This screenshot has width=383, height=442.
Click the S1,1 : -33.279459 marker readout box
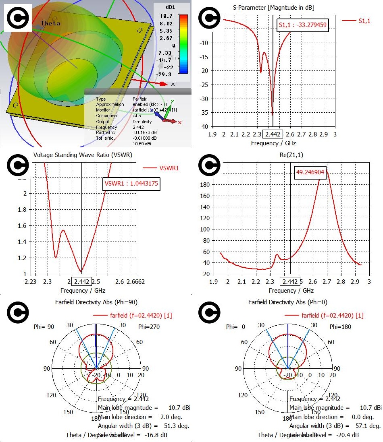tap(303, 25)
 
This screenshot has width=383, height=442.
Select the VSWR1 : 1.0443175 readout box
tap(131, 184)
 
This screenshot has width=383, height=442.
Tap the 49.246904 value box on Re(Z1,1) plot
tap(310, 172)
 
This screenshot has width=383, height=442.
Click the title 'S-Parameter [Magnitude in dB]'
tap(273, 8)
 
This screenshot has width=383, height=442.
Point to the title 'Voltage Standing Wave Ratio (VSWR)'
tap(83, 155)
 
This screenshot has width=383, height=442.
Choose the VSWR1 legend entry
tap(167, 168)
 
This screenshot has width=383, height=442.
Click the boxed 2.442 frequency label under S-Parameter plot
tap(272, 134)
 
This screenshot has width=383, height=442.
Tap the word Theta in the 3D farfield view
tap(50, 23)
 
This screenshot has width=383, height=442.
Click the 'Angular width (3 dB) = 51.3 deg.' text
tap(144, 425)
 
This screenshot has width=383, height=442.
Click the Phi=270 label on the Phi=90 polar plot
tap(149, 326)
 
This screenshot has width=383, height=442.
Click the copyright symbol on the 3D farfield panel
tap(18, 18)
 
